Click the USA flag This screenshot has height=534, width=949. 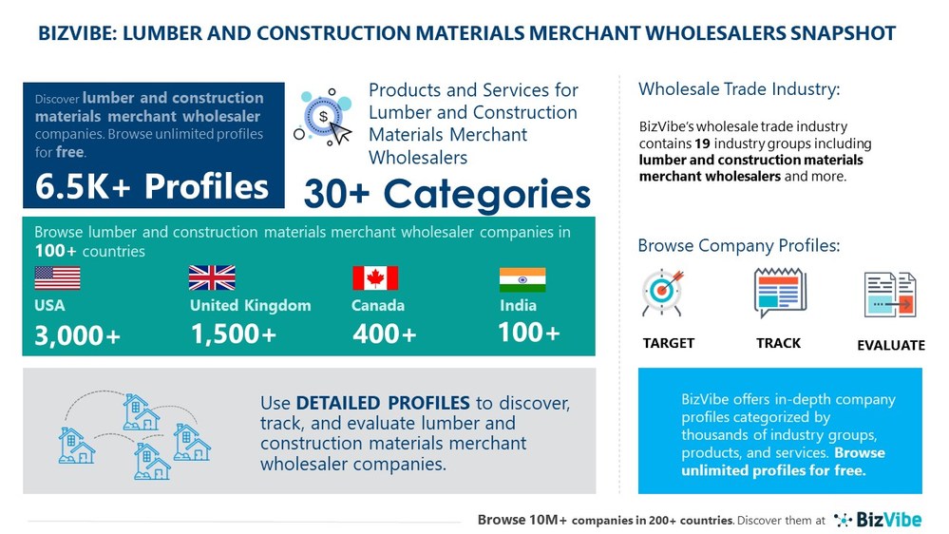point(57,277)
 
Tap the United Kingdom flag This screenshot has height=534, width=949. point(212,277)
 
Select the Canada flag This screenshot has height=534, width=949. point(374,277)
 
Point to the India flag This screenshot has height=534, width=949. point(522,279)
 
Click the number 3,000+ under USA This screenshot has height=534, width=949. point(78,336)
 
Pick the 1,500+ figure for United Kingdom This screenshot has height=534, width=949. point(234,334)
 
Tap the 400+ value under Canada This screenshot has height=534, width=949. point(385,334)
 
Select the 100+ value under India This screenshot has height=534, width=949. point(529,333)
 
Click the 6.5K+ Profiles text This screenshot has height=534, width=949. point(152,186)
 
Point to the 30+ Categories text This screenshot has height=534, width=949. point(446,194)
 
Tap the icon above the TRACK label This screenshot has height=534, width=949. point(779,293)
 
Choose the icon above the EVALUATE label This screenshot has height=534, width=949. point(890,294)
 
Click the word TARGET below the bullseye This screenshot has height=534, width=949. point(668,343)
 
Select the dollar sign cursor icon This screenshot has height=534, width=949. point(324,119)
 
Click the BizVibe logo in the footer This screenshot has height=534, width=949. point(878,520)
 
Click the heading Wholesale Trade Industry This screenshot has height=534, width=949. point(739,90)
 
